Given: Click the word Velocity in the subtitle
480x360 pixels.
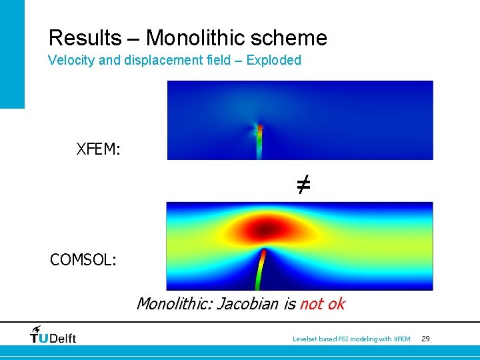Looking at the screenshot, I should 71,60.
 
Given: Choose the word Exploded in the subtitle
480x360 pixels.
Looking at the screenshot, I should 273,60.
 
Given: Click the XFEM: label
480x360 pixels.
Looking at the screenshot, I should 99,149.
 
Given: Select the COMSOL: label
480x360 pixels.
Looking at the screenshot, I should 83,259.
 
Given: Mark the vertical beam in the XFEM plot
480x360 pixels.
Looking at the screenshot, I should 260,141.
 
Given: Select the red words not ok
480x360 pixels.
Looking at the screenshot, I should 322,304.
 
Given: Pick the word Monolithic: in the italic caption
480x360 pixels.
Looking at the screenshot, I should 172,304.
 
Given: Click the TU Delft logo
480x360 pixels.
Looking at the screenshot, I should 53,335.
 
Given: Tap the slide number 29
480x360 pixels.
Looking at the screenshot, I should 425,339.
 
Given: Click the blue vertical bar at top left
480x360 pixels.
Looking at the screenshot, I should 12,53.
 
